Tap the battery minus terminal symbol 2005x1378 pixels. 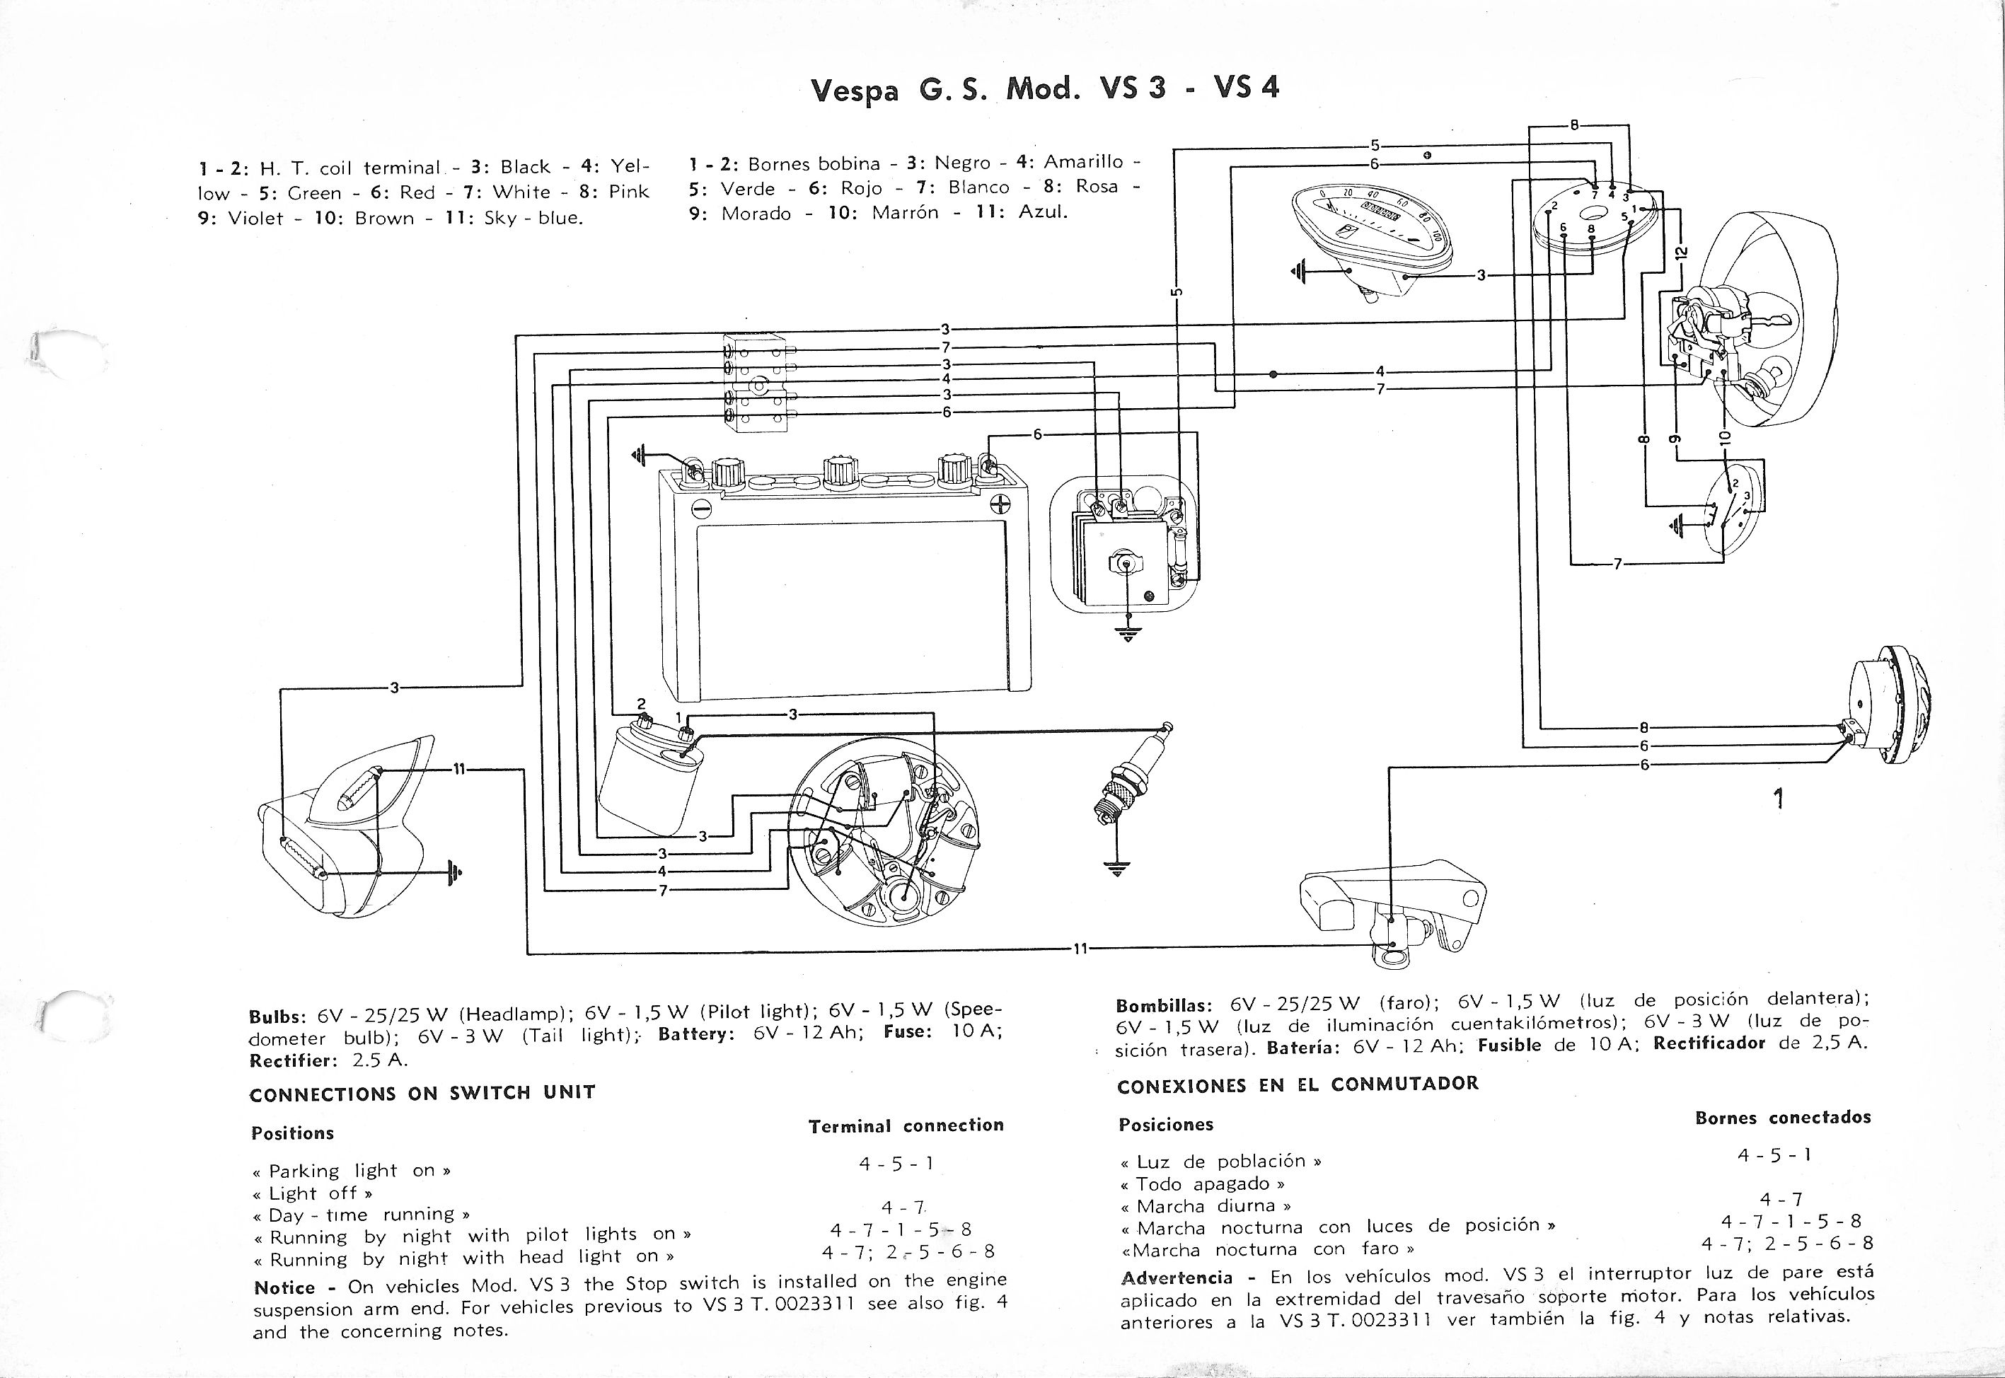(702, 506)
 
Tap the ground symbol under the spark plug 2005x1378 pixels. (1117, 868)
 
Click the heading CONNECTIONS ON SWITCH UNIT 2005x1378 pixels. (422, 1093)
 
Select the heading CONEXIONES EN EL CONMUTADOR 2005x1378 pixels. (1297, 1085)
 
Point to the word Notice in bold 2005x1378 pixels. (284, 1287)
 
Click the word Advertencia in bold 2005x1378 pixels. (1176, 1278)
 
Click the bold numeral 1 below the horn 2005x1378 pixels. (1778, 799)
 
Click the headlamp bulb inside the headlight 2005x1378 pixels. (1753, 381)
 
